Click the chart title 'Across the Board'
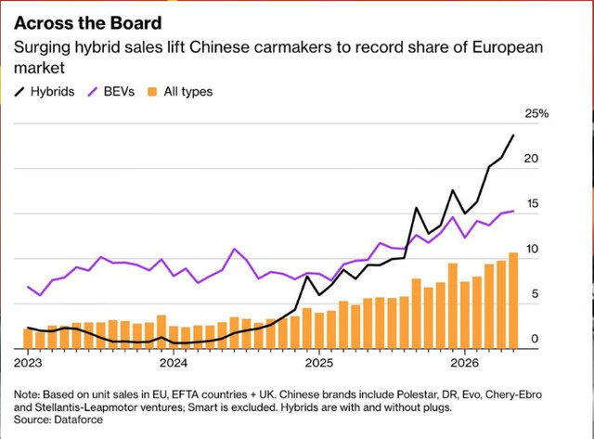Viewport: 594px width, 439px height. click(x=88, y=23)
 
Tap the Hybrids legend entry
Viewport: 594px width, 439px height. click(x=45, y=92)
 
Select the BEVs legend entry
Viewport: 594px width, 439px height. click(x=111, y=92)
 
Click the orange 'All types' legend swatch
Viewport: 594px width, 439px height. click(x=152, y=92)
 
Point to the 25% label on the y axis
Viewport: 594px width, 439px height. click(x=536, y=113)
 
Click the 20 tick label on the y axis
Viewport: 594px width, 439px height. click(x=531, y=159)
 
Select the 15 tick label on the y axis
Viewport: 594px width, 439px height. click(x=533, y=204)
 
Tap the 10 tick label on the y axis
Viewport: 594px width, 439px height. click(x=533, y=249)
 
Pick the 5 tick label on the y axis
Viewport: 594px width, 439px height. click(x=535, y=294)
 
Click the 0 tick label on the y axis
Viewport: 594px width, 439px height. click(x=535, y=339)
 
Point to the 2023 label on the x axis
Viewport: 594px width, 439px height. click(x=28, y=363)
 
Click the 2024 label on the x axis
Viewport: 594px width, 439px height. click(x=174, y=363)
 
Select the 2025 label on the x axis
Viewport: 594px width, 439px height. click(x=319, y=363)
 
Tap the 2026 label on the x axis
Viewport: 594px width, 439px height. click(x=464, y=363)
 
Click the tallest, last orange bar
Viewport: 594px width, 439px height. click(x=513, y=301)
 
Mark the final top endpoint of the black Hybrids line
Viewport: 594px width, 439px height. click(x=513, y=135)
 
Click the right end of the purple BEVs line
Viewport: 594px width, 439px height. click(x=513, y=211)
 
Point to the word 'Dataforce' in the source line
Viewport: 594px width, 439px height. click(x=78, y=420)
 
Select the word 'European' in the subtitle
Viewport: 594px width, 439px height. click(x=508, y=47)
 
